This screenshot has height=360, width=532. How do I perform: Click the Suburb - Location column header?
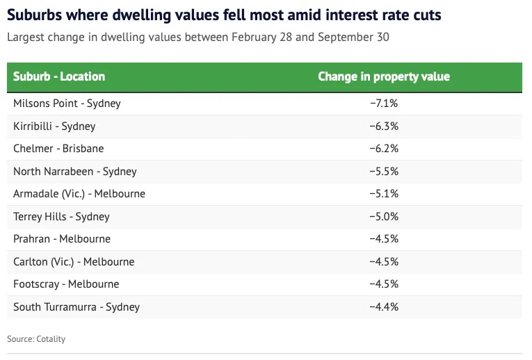click(59, 76)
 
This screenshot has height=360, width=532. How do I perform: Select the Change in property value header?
click(384, 76)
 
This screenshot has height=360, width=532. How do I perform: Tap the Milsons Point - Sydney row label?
click(67, 104)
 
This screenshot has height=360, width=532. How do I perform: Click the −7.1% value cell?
click(384, 104)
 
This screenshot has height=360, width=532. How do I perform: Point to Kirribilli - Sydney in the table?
click(54, 126)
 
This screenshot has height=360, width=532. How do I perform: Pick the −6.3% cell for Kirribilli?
click(384, 126)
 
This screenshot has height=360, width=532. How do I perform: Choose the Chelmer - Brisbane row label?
click(58, 149)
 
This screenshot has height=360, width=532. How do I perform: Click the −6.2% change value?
click(384, 149)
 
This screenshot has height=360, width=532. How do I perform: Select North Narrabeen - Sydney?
click(75, 172)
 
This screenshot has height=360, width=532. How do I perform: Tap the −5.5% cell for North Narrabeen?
click(384, 172)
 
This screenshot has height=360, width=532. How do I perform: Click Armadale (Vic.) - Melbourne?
click(79, 194)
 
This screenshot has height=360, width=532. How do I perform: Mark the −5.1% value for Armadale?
click(384, 194)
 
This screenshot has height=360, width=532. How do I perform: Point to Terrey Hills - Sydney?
click(61, 217)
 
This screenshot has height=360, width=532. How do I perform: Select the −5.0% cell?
click(384, 217)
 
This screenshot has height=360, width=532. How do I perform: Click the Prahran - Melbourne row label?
click(62, 239)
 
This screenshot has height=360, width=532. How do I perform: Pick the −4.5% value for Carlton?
click(384, 262)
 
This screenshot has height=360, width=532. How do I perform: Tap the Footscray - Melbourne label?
click(66, 284)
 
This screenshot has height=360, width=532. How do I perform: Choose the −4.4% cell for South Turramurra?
click(384, 307)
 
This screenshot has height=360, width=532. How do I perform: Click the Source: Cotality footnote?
click(36, 339)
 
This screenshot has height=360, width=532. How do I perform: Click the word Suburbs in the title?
click(36, 15)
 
